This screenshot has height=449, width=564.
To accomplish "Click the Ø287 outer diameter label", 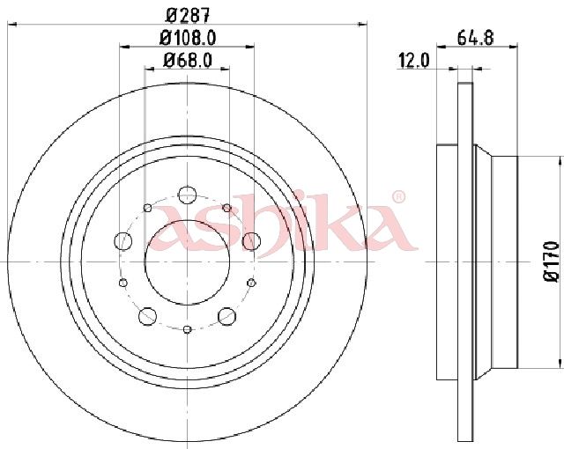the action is point(188,15).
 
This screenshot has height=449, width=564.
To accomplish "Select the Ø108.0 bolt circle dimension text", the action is point(188,38).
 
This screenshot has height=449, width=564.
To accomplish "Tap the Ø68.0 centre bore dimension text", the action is point(188,60).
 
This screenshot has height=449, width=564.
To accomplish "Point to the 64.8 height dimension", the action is point(476,38).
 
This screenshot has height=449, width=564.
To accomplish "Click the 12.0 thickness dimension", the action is point(413,61).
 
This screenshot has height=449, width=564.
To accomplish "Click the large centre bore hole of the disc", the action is point(187,261).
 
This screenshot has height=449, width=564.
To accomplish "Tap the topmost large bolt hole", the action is point(187,195).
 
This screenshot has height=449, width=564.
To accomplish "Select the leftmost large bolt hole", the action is point(122,241).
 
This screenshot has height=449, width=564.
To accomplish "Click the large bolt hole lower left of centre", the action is point(147,316).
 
